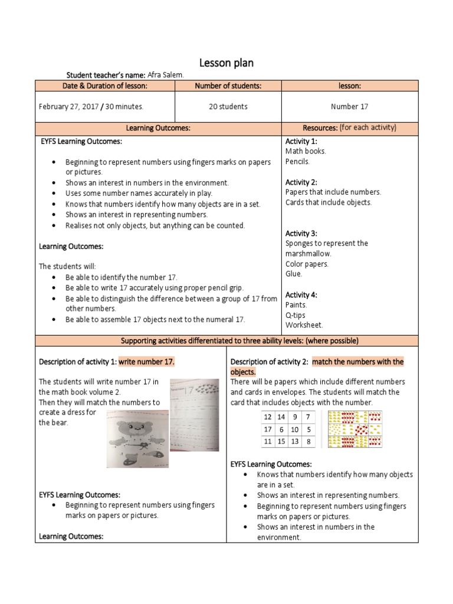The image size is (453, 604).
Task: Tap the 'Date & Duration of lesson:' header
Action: point(105,86)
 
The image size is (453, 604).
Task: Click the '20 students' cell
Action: point(228,107)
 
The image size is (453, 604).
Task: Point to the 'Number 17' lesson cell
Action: point(349,107)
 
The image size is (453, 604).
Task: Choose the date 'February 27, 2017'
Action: point(68,107)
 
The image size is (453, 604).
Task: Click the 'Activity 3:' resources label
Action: point(301,233)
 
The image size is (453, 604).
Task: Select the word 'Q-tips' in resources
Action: point(296,315)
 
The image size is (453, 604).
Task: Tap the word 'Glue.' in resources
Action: point(294,274)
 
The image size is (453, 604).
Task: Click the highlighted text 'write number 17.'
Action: point(147,362)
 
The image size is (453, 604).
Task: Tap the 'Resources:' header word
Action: point(319,127)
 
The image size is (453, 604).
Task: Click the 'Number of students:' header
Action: point(228,86)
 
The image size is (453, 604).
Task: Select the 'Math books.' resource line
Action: point(306,151)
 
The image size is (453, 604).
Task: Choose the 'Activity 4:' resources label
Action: point(301,294)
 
